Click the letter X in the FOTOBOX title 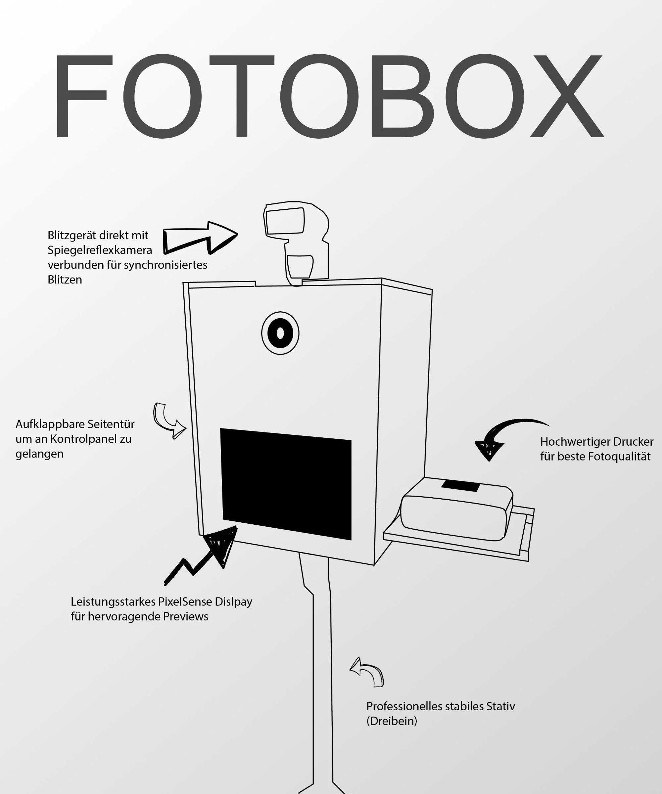567,96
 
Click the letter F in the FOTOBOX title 81,96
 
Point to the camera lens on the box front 280,333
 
